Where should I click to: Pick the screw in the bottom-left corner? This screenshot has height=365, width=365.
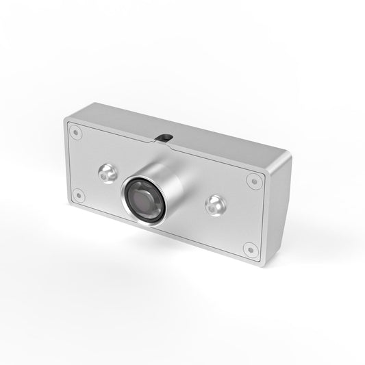(x=78, y=194)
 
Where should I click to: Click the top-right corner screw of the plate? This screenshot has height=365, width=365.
(x=254, y=181)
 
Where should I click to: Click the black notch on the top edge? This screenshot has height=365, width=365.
(x=164, y=137)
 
